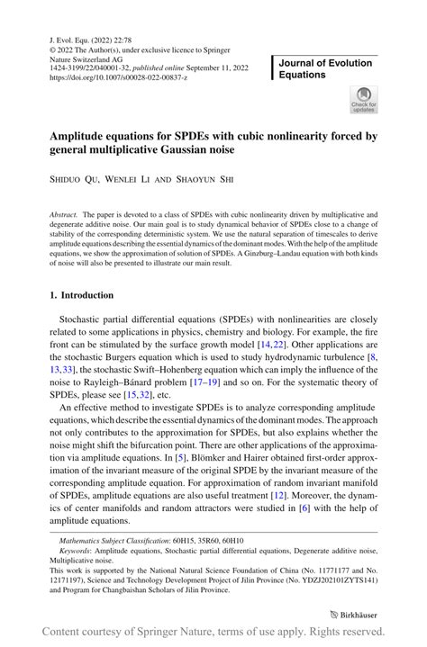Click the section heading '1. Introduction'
click(x=81, y=294)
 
